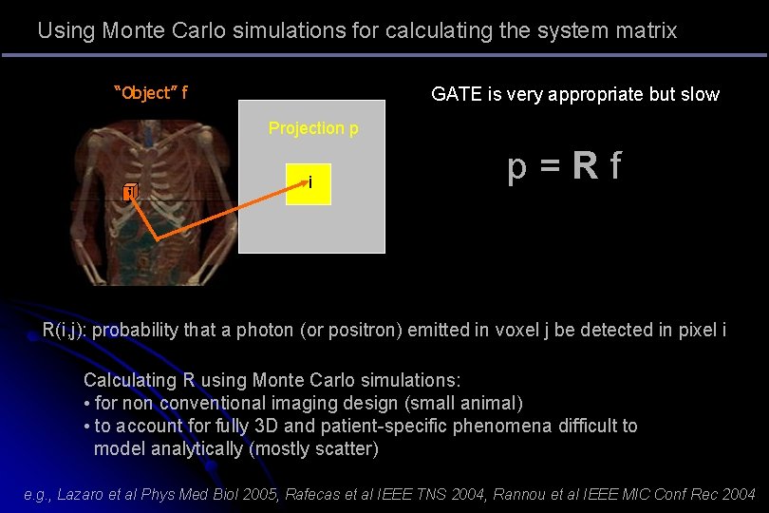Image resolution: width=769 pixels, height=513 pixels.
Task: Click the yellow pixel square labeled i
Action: tap(309, 184)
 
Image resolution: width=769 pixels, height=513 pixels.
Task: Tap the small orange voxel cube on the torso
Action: tap(130, 194)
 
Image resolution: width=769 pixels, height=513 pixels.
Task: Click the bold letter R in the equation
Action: tap(585, 167)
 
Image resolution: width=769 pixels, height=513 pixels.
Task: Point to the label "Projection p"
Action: tap(313, 128)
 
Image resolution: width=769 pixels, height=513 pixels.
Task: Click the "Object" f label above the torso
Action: tap(150, 93)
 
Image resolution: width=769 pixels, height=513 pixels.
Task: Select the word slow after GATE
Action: tap(699, 94)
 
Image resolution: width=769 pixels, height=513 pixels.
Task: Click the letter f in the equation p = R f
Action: tap(615, 167)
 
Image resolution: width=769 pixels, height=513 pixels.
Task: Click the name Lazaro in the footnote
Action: tap(85, 494)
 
